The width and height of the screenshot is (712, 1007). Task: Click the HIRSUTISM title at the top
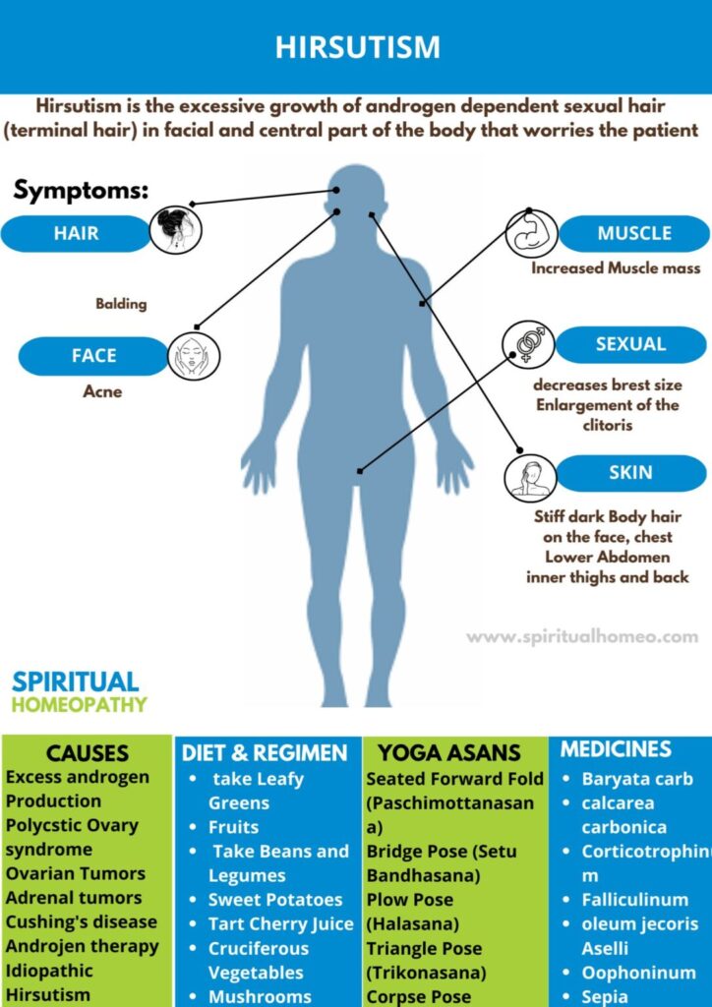[x=357, y=47]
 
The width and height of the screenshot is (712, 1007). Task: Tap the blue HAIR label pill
[x=76, y=234]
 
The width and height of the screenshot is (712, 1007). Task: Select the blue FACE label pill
[x=93, y=356]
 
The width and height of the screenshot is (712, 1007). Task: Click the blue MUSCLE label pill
[x=634, y=234]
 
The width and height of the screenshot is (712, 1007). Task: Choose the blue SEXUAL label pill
[x=630, y=344]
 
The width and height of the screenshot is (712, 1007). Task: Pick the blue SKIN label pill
[x=630, y=472]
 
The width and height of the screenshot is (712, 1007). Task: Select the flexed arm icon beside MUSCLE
[x=531, y=233]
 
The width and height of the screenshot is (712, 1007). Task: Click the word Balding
[x=121, y=304]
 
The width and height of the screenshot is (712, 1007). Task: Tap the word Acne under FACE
[x=102, y=391]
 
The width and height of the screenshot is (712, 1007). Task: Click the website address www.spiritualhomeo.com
[x=581, y=637]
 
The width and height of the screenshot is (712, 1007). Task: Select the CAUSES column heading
[x=88, y=754]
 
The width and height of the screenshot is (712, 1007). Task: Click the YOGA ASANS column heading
[x=449, y=754]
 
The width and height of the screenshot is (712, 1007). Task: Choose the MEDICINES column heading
[x=616, y=749]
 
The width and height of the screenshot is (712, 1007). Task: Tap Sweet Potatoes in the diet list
[x=275, y=900]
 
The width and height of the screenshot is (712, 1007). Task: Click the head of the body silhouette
[x=356, y=193]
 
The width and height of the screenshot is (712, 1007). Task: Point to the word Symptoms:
[x=81, y=191]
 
